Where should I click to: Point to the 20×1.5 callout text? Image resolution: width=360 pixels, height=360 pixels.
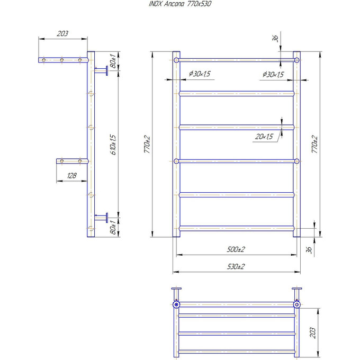pyautogui.click(x=264, y=137)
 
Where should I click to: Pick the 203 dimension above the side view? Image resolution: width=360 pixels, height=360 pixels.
pyautogui.click(x=62, y=34)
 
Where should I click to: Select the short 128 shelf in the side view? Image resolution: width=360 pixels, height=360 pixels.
pyautogui.click(x=71, y=160)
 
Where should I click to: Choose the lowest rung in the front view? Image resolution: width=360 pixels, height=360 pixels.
pyautogui.click(x=236, y=228)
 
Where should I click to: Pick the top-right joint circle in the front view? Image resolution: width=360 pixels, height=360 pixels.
pyautogui.click(x=296, y=60)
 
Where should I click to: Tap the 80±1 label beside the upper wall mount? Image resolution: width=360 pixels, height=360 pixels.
pyautogui.click(x=113, y=60)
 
